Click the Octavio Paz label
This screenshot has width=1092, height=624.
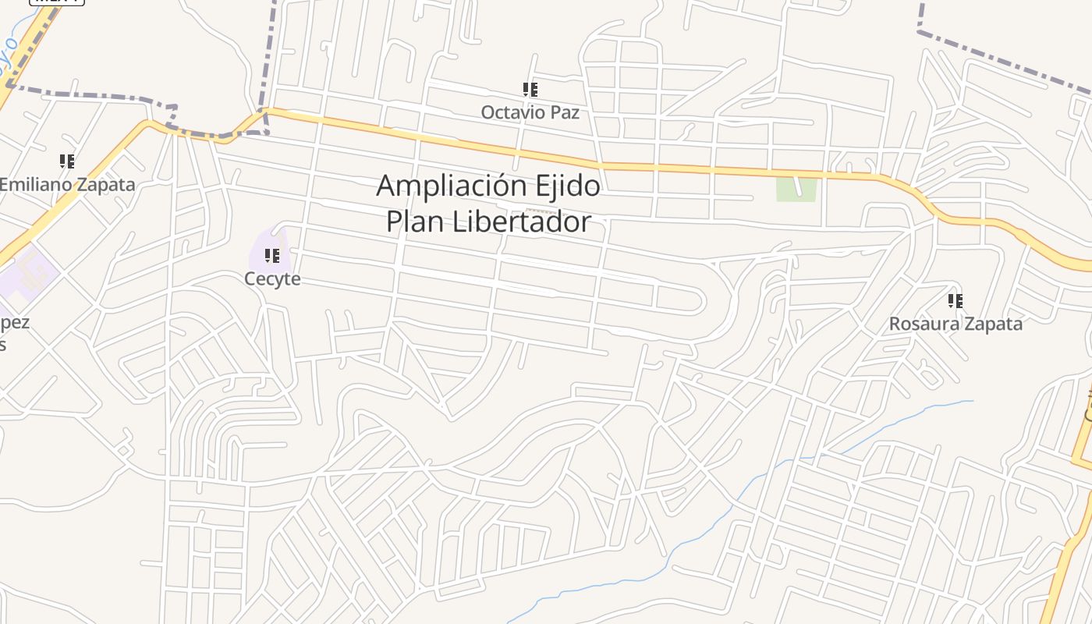tap(530, 112)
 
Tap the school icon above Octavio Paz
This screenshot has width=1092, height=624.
tap(530, 90)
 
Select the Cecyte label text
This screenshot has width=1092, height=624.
tap(272, 279)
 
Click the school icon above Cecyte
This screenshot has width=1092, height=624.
tap(272, 256)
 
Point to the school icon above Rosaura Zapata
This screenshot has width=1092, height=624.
tap(955, 301)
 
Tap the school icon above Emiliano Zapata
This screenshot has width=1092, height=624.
tap(67, 161)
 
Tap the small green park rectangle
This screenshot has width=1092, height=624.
tap(796, 190)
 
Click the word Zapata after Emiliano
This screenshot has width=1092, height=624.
tap(104, 185)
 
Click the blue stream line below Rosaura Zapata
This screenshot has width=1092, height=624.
tap(897, 421)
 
